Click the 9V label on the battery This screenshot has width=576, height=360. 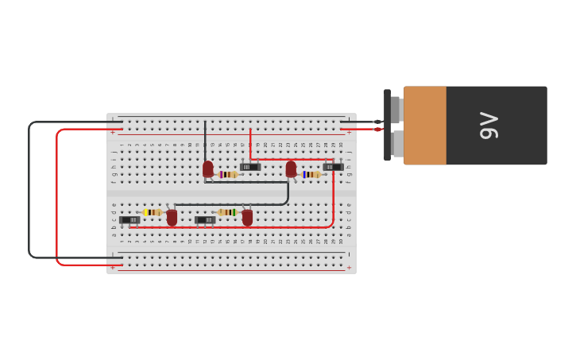[489, 126]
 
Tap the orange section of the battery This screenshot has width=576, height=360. [425, 126]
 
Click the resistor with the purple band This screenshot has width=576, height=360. [229, 174]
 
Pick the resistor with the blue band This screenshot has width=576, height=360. [311, 174]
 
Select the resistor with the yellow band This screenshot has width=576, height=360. [152, 212]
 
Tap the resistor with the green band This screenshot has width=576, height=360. [227, 212]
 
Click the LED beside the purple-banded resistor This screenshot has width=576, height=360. [208, 168]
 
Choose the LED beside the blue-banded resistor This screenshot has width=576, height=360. [291, 168]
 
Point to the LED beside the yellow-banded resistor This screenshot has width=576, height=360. [172, 216]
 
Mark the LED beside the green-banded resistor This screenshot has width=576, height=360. [247, 216]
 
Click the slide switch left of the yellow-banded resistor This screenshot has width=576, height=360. [130, 219]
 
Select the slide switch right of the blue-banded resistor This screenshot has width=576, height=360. [334, 167]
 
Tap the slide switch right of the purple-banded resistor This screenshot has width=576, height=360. [250, 167]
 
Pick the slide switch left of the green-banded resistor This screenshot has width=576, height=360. [205, 219]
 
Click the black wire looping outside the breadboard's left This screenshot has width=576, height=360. [29, 191]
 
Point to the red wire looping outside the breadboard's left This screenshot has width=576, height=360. [57, 199]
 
